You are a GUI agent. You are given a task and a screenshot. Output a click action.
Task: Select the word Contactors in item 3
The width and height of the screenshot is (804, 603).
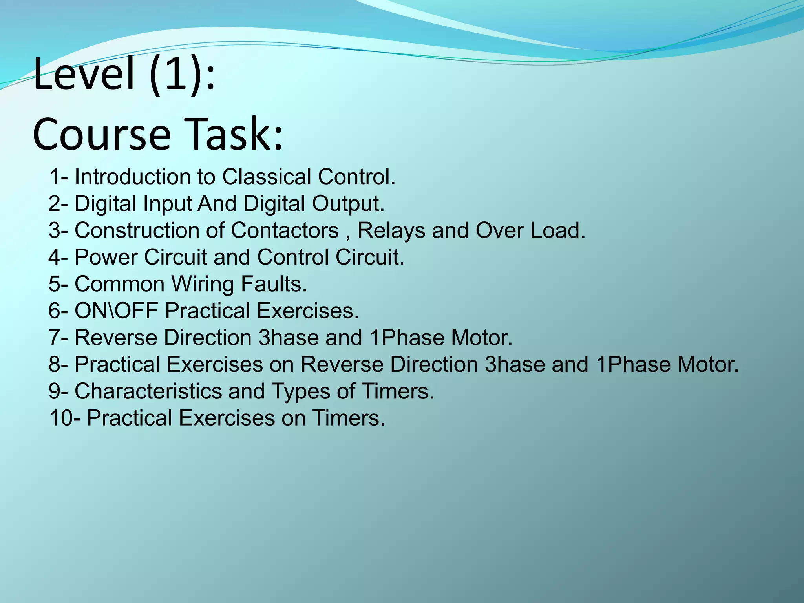pyautogui.click(x=285, y=230)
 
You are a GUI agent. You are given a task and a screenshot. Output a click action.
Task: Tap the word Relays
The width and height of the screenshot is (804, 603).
pyautogui.click(x=391, y=230)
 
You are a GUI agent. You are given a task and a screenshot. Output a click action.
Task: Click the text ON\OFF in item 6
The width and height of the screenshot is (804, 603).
pyautogui.click(x=116, y=311)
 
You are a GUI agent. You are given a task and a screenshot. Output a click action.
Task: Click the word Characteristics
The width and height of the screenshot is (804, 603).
pyautogui.click(x=148, y=391)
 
